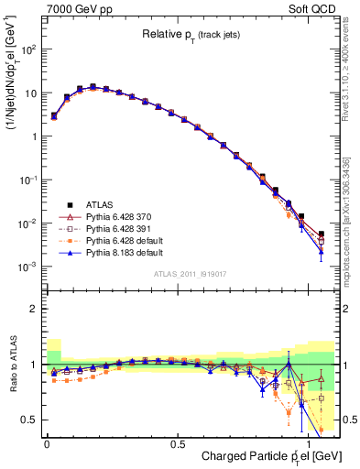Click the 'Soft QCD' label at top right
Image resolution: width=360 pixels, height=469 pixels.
point(312,8)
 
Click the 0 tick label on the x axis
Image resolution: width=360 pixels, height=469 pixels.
point(47,442)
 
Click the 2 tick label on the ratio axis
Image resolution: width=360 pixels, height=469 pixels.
point(32,309)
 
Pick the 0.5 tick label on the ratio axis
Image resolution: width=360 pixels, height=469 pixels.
point(28,420)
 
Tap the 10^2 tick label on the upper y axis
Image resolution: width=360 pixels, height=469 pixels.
point(27,49)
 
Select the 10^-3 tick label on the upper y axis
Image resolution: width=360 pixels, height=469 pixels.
point(27,267)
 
